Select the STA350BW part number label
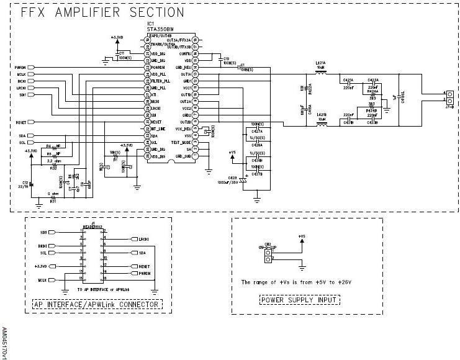point(161,29)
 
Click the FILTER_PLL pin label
point(158,81)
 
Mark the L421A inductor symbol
point(322,73)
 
